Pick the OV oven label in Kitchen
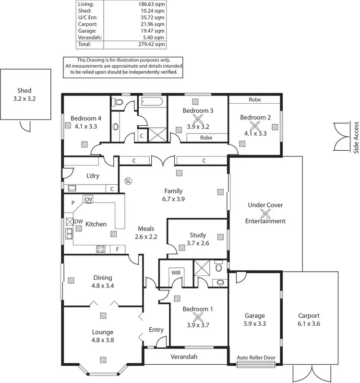click(x=89, y=199)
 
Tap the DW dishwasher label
click(x=79, y=221)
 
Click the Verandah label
click(x=185, y=357)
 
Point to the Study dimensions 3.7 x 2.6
click(x=197, y=243)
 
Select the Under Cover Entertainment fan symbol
click(x=265, y=213)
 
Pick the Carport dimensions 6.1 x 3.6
click(x=308, y=324)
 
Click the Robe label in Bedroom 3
click(x=206, y=137)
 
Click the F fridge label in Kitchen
click(x=117, y=249)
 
